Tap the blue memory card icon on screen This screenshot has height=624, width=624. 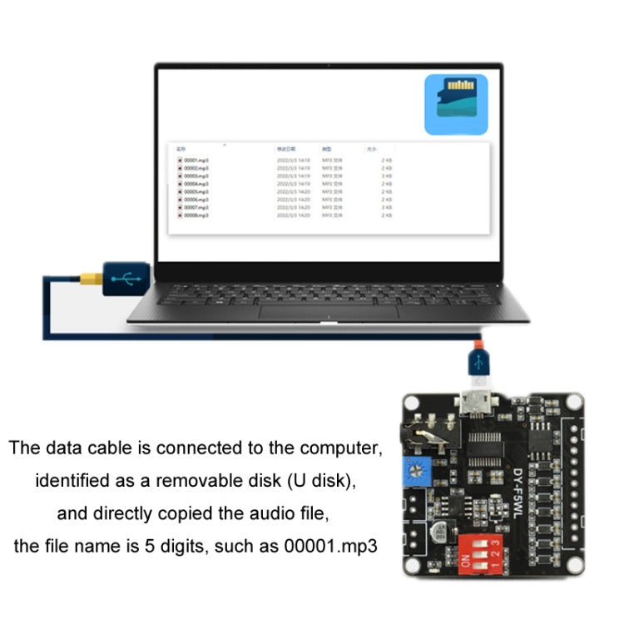tap(455, 104)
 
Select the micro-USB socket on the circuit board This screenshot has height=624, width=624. tap(478, 407)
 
